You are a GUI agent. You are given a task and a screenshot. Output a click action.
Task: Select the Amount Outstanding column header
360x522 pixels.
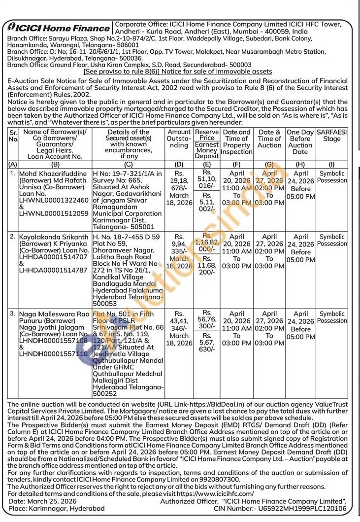pos(179,139)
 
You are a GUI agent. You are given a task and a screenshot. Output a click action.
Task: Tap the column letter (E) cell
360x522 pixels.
pos(207,163)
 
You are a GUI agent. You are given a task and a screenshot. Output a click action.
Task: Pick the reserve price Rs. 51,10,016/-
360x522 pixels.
pos(207,180)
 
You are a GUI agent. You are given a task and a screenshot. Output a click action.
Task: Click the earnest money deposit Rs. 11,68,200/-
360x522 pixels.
pos(207,266)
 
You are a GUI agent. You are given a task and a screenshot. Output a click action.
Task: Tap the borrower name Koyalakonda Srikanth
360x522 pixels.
pos(54,237)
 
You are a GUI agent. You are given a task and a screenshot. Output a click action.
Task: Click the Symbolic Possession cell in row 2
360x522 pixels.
pos(331,240)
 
